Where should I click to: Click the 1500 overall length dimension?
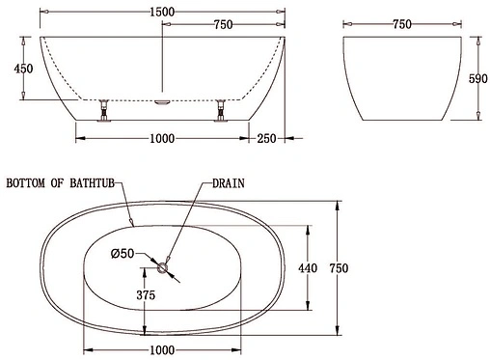[162, 8]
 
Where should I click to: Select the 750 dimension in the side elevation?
[224, 24]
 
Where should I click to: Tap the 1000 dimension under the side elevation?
[161, 138]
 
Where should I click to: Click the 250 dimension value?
[265, 138]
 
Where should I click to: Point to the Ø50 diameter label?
[122, 254]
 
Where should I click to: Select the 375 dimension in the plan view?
[146, 295]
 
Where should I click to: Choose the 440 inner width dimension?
[306, 267]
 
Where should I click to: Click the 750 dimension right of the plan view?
[337, 267]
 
